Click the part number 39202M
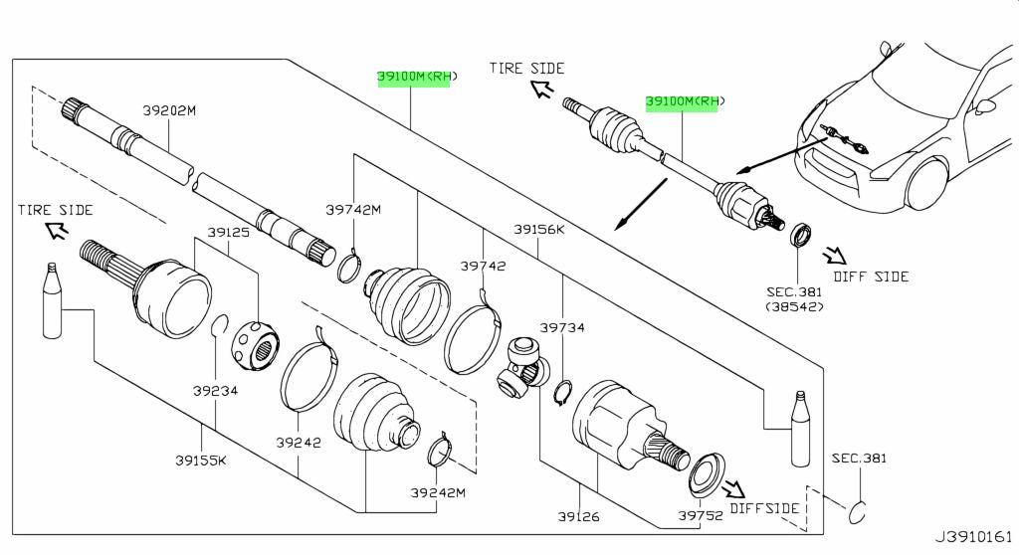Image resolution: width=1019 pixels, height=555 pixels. tap(168, 111)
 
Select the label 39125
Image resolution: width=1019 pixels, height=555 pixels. tap(228, 232)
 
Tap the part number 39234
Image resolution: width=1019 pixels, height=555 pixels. tap(216, 391)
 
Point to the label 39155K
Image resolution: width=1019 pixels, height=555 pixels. tap(202, 460)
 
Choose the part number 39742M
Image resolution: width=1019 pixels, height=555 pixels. tap(353, 210)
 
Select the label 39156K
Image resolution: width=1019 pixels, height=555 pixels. tap(539, 229)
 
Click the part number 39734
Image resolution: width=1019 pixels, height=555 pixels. tap(562, 327)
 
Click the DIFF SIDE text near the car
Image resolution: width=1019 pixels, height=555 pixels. tap(871, 277)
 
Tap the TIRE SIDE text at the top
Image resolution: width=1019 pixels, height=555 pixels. tap(526, 69)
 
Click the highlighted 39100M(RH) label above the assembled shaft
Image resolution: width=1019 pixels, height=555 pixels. tap(686, 101)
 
